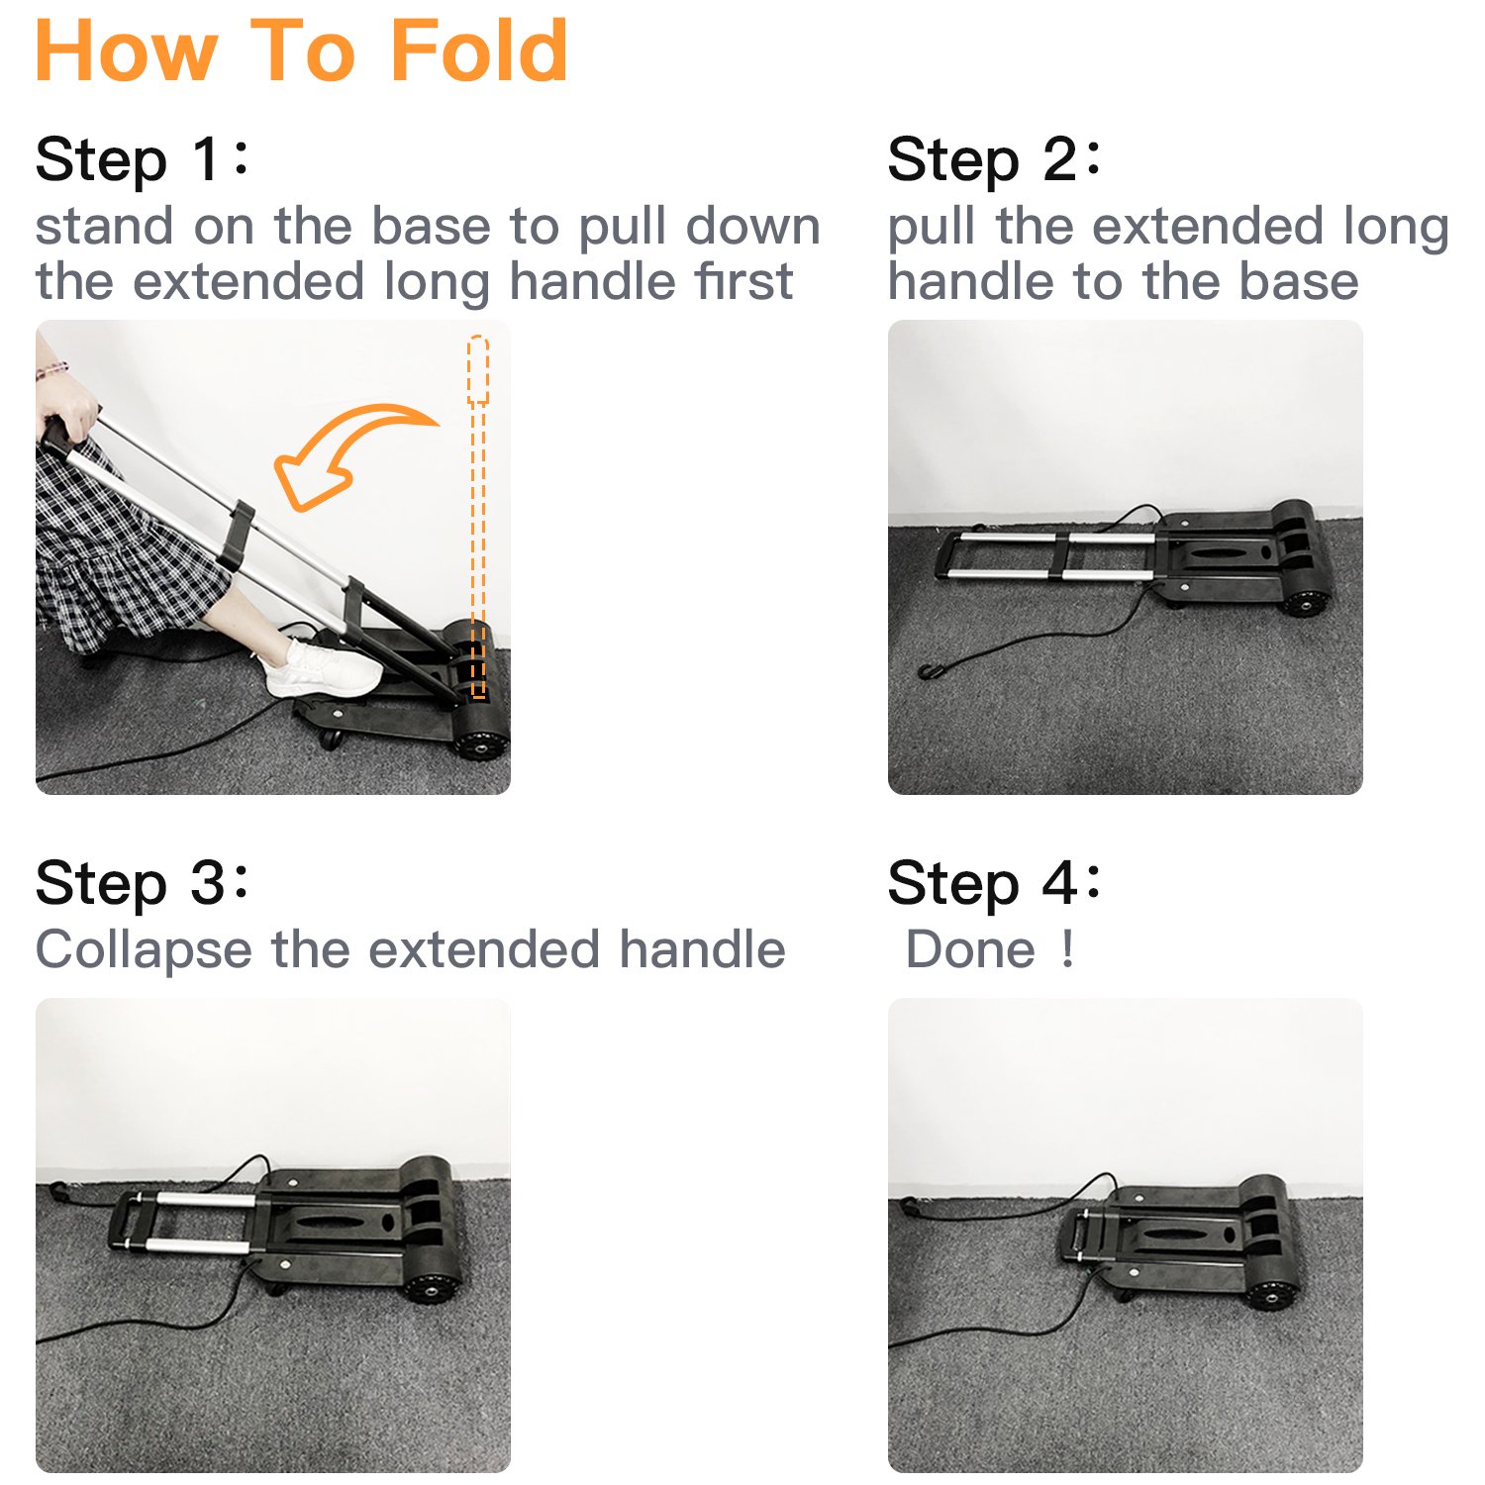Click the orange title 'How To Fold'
point(302,50)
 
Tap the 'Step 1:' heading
point(143,160)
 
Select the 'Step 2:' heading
point(994,160)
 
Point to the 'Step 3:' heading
point(143,883)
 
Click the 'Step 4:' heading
point(994,883)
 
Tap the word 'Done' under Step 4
point(970,949)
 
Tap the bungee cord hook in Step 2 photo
point(928,672)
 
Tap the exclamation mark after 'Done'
point(1066,949)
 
